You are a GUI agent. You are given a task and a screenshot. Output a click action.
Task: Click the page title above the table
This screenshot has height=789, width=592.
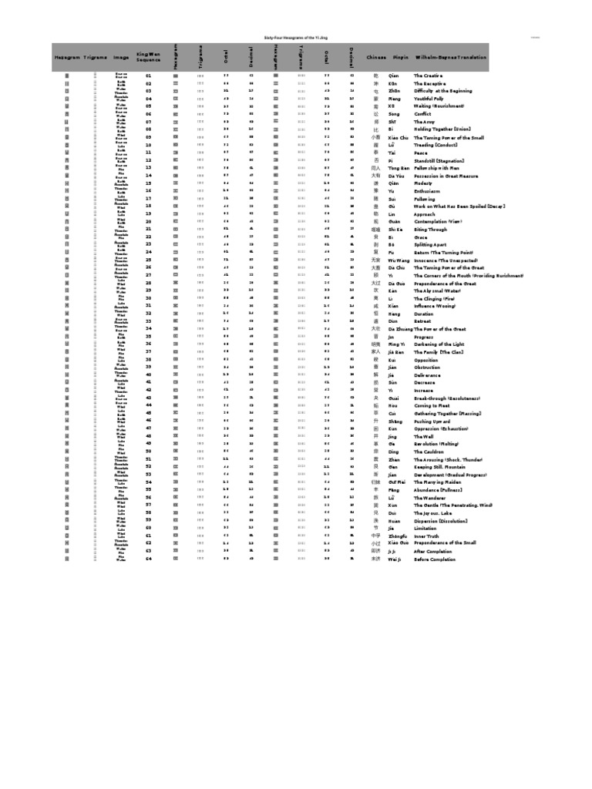295,36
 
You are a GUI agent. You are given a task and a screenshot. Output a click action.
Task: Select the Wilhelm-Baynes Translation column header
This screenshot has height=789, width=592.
450,58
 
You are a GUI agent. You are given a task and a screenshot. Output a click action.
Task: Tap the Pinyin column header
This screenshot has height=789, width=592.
400,58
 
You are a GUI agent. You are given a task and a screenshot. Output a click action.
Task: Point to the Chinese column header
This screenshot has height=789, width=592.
376,58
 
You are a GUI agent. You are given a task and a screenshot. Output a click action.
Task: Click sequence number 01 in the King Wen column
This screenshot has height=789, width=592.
149,76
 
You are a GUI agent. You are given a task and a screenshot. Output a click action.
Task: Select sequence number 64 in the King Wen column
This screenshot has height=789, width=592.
149,559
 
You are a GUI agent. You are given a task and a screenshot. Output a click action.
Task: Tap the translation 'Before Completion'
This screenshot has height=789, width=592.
435,559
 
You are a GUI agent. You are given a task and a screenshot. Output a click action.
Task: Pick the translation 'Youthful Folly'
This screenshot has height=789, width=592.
431,99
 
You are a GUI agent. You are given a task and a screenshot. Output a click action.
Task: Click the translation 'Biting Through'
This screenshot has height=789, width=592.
432,230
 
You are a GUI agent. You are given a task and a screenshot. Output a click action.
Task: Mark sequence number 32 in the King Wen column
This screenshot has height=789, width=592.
149,314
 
